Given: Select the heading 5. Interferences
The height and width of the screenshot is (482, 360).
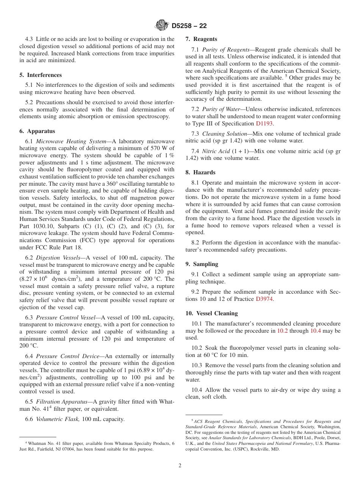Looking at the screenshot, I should [x=41, y=75].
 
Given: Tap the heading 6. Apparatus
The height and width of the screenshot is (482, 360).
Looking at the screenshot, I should [x=37, y=131].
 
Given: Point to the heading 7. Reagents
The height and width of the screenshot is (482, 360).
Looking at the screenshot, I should [x=201, y=39].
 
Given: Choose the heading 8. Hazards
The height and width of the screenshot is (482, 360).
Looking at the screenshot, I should [x=200, y=172].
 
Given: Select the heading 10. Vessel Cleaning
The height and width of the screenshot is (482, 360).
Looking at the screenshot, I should [x=211, y=313].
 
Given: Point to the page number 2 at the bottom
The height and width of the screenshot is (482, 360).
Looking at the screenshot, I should [x=180, y=466].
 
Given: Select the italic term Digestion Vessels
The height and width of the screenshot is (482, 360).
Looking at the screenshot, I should [x=58, y=258].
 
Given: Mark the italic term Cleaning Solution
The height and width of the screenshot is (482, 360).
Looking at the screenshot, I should [x=224, y=134].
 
